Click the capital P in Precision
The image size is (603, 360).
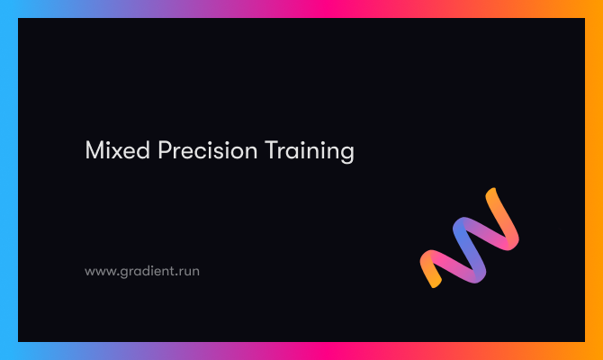[165, 150]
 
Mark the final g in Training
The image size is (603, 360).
[346, 154]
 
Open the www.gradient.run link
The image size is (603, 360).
[142, 270]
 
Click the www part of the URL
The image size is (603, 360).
[99, 271]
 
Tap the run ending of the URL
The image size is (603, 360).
[189, 271]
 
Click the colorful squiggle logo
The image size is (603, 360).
[470, 238]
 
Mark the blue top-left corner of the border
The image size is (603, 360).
[7, 7]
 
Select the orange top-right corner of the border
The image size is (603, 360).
[595, 7]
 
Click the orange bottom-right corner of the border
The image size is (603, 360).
[595, 352]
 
